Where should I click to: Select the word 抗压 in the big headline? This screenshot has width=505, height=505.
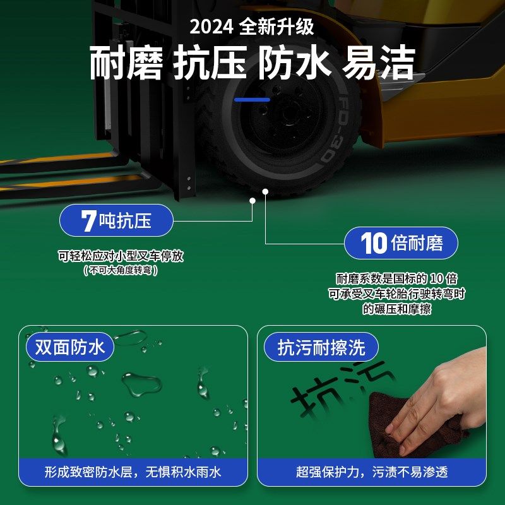210,63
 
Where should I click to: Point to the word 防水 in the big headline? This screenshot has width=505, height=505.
294,63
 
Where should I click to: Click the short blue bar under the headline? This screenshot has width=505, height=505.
252,99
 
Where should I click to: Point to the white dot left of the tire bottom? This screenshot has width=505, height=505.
252,201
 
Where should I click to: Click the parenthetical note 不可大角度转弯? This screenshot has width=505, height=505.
120,270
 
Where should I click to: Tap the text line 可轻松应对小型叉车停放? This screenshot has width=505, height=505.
121,256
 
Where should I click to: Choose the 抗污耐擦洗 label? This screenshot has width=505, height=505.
321,348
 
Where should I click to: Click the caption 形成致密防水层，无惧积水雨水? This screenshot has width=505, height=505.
133,472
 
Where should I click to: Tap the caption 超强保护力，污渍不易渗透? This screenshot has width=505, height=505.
372,472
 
